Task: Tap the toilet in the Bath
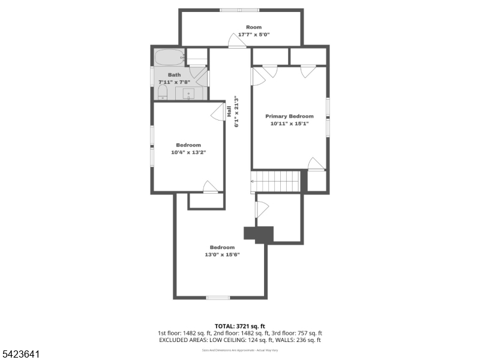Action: (162, 92)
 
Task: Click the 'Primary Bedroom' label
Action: (289, 116)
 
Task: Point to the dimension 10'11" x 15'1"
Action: (289, 124)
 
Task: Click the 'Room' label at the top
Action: (254, 27)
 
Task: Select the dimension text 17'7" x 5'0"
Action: (254, 35)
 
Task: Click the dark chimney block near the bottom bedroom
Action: (259, 234)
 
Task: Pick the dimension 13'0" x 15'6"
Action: (222, 254)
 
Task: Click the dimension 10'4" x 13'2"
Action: (188, 152)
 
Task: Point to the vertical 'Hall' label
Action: (229, 111)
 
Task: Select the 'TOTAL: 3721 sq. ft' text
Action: (239, 326)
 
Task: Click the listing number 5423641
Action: (20, 355)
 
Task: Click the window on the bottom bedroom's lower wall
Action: (217, 298)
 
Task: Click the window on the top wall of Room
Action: (239, 10)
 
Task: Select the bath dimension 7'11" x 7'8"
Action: (174, 82)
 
